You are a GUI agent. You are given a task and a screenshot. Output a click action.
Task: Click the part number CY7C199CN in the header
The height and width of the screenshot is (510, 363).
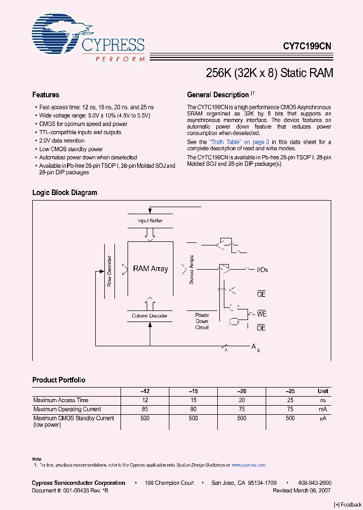click(x=307, y=45)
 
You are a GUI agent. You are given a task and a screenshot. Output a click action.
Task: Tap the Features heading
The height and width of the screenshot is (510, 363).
click(x=45, y=95)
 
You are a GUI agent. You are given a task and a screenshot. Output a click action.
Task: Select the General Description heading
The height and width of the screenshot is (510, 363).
click(x=218, y=95)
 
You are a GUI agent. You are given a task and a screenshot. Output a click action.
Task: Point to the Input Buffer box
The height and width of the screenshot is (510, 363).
click(x=150, y=221)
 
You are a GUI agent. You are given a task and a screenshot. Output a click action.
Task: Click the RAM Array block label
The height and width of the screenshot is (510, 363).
click(x=150, y=269)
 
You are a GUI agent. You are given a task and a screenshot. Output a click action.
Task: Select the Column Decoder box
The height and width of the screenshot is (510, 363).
click(x=149, y=316)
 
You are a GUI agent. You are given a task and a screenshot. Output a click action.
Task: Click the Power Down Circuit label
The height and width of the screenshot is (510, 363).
click(x=202, y=321)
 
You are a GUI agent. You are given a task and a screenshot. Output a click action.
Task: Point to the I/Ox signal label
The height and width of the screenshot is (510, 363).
click(x=263, y=270)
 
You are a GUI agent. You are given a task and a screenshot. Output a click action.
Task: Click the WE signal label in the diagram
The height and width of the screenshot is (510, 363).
click(x=262, y=314)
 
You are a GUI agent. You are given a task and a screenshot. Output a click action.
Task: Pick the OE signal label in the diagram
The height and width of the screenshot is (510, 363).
click(x=261, y=328)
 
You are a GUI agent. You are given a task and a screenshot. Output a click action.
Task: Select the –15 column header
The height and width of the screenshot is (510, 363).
click(x=193, y=391)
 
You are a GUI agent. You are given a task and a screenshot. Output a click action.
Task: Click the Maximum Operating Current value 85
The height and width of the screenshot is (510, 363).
click(x=145, y=409)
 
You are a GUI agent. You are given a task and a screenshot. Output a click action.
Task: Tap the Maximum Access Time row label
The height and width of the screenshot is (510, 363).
click(x=61, y=400)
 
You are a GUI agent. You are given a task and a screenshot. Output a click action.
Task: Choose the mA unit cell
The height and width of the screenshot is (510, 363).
click(x=323, y=409)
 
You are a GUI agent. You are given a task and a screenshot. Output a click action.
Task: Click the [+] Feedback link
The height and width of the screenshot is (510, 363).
click(x=348, y=504)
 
